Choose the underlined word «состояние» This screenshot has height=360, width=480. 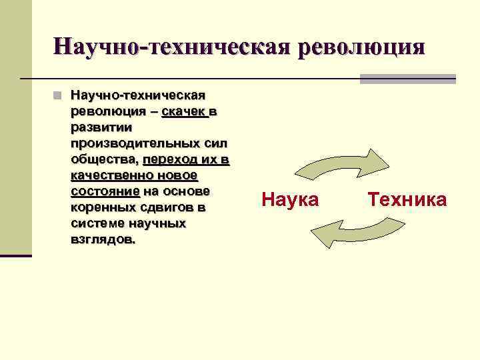tap(105, 191)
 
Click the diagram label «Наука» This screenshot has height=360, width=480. tap(291, 199)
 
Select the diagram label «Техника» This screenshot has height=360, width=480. tap(407, 199)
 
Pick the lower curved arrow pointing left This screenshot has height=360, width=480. tap(357, 232)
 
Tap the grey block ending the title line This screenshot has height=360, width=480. tap(407, 79)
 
